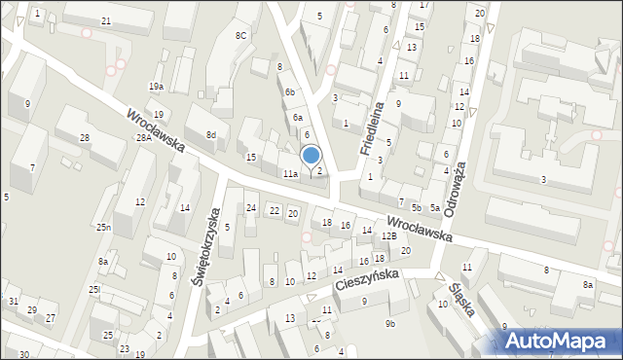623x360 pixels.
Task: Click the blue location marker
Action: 311,155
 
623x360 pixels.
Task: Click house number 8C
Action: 241,36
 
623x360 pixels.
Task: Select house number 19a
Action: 156,87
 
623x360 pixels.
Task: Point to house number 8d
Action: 210,134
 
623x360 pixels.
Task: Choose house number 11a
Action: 290,173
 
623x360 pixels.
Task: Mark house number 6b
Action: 289,91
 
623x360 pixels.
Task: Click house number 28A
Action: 143,138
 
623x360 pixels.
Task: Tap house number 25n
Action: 102,228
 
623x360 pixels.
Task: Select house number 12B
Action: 388,235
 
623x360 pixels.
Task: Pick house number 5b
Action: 416,207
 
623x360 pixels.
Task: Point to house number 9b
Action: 391,323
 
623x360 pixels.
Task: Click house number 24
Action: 251,208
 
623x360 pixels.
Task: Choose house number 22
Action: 275,211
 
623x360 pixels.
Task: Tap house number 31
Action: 13,302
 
